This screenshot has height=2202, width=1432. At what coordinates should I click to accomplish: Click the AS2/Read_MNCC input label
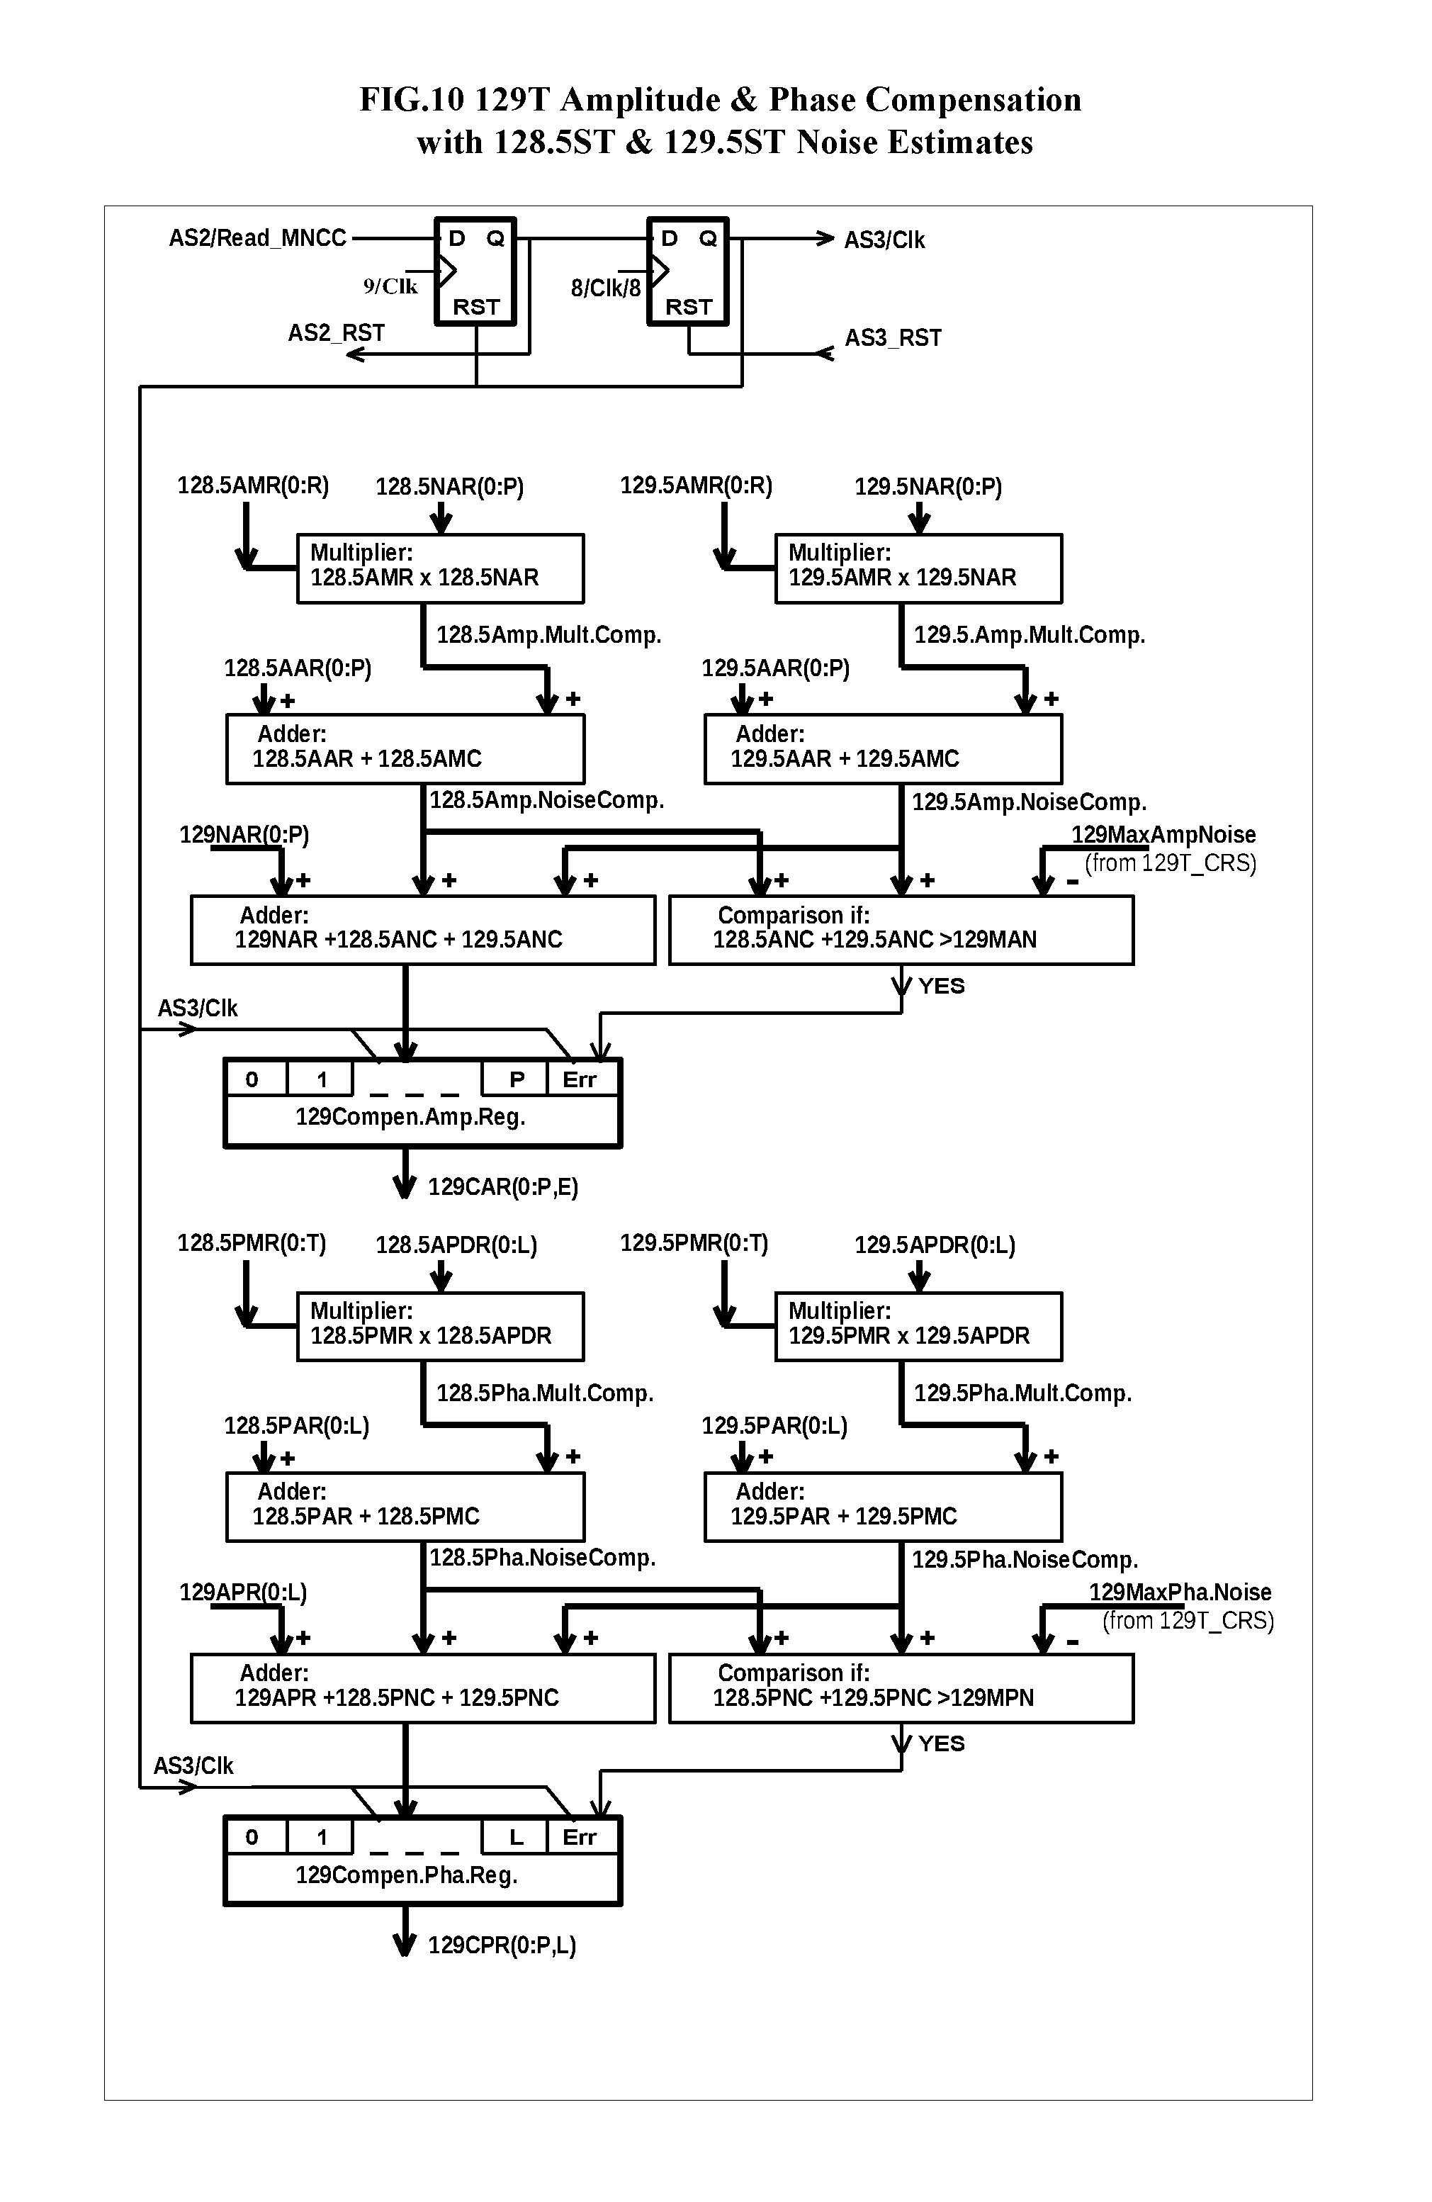click(257, 239)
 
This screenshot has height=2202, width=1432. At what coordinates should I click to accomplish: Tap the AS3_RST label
click(893, 337)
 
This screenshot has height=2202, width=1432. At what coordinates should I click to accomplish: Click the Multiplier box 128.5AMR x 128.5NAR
click(439, 568)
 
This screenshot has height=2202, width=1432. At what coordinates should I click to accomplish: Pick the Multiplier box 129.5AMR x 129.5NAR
click(918, 568)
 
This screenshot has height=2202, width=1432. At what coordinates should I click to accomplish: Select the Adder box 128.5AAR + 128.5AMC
click(405, 748)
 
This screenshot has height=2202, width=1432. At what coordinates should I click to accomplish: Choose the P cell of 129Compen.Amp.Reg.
click(516, 1079)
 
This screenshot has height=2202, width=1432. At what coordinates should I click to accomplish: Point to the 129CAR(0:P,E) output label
click(502, 1187)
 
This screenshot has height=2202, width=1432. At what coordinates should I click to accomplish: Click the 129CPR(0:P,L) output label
click(502, 1945)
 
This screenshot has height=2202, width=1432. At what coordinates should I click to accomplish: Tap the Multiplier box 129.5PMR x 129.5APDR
click(918, 1327)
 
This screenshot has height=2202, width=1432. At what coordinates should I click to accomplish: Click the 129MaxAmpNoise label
click(1163, 835)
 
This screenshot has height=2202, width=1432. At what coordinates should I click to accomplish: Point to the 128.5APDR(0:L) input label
click(456, 1245)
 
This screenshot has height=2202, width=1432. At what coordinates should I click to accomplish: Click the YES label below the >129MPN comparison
click(941, 1744)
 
